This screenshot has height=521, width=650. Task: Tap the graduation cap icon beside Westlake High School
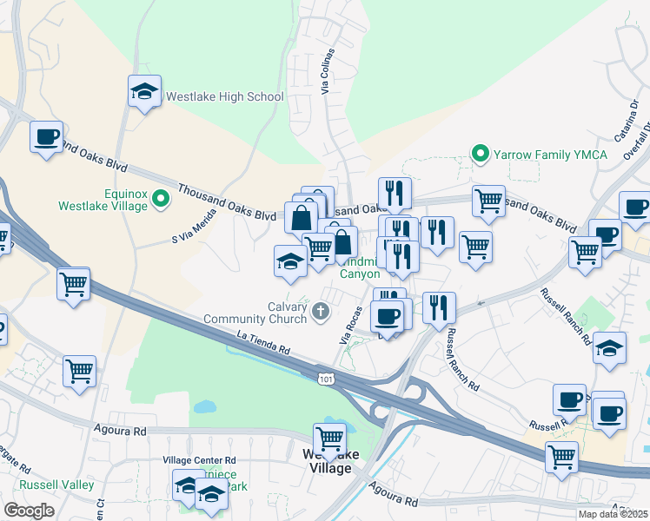(x=145, y=91)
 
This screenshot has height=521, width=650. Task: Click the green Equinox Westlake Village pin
(x=160, y=200)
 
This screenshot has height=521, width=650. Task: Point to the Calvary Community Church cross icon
(x=321, y=311)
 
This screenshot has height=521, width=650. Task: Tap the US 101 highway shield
(x=325, y=379)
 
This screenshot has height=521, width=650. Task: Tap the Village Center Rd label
(x=199, y=460)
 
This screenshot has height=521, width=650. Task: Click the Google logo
(x=29, y=510)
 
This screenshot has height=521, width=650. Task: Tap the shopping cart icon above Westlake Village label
(x=330, y=438)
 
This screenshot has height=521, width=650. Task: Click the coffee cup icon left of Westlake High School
(x=46, y=136)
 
